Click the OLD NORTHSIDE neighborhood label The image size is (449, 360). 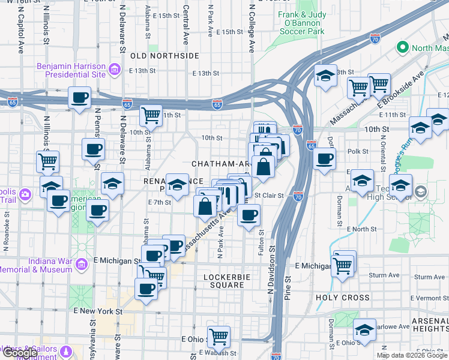164,56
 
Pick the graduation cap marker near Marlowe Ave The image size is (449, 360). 364,330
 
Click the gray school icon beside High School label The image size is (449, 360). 421,192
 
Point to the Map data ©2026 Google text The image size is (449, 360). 411,355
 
